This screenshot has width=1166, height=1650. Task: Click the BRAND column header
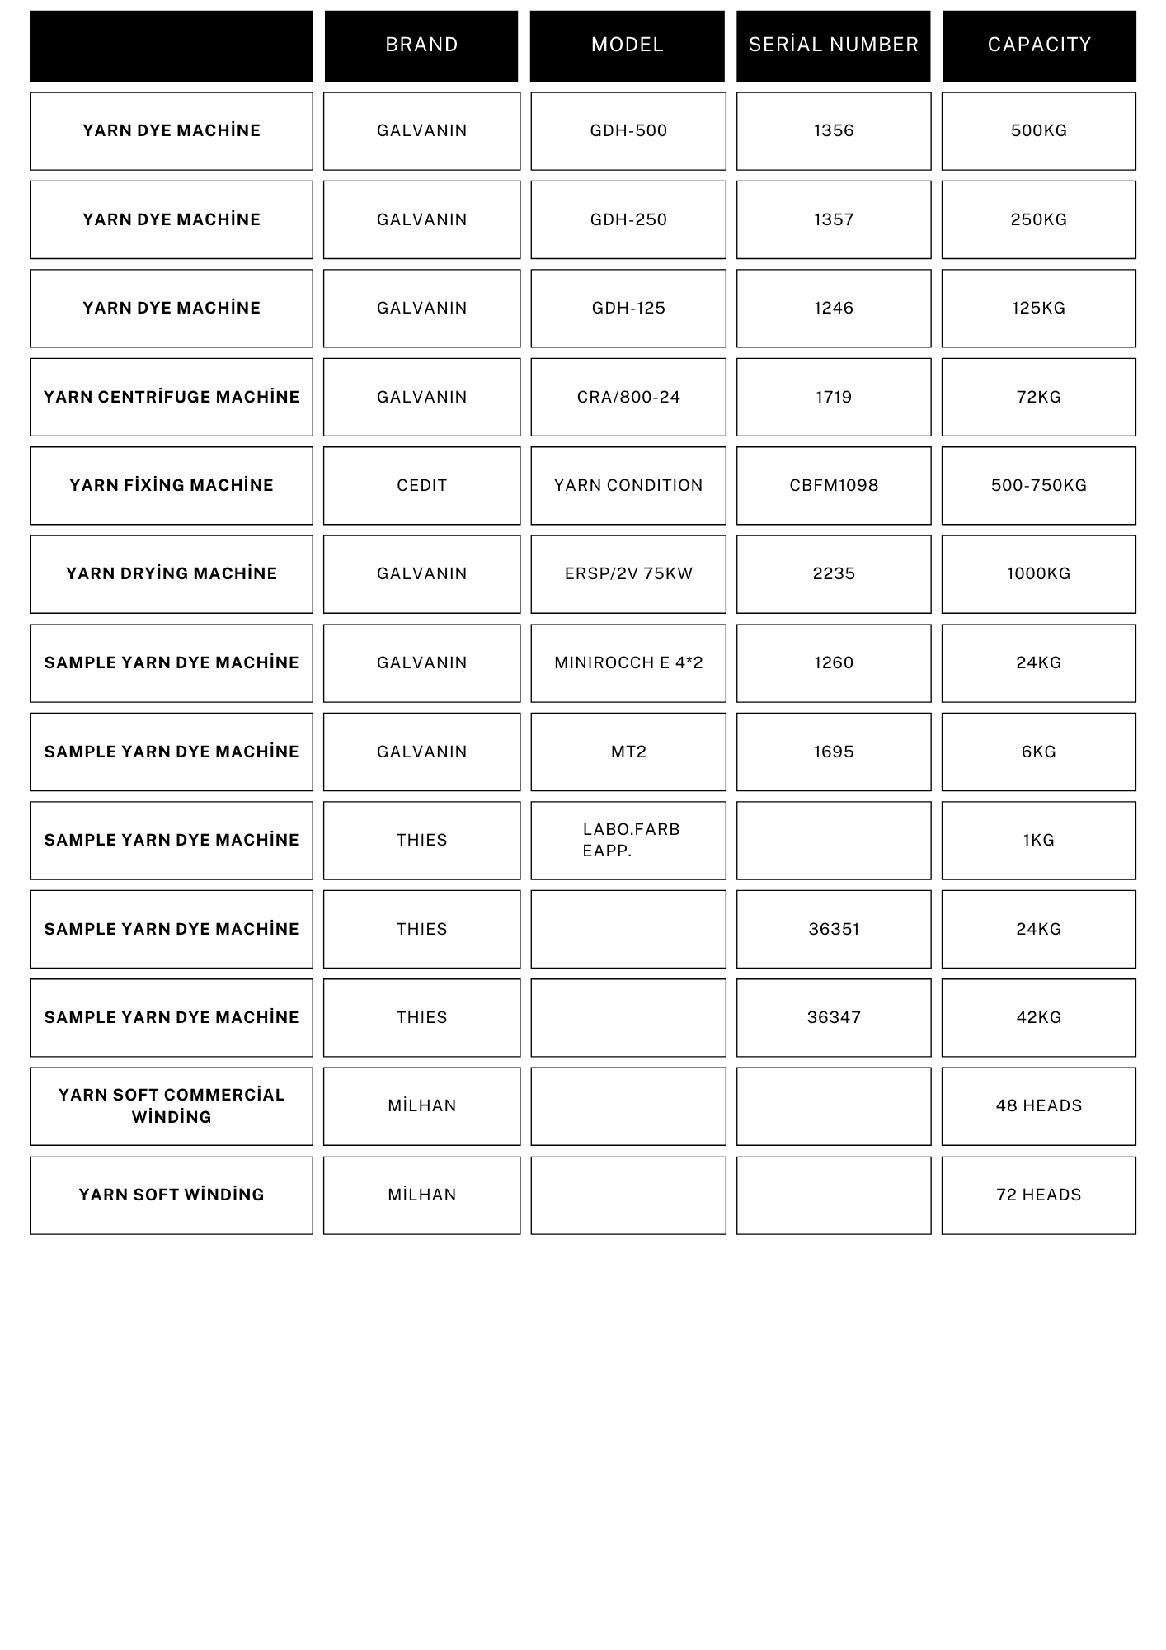click(421, 45)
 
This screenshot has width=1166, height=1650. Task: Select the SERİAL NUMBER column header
click(833, 45)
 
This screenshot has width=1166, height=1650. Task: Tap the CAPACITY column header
click(1039, 45)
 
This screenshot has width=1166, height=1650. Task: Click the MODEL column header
click(628, 45)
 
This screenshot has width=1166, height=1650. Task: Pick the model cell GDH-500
click(628, 130)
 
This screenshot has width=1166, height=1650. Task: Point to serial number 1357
click(834, 219)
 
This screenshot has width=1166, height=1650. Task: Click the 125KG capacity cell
click(1039, 308)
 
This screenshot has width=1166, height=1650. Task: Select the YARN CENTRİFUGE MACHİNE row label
click(172, 397)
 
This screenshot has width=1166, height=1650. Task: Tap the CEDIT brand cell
click(421, 485)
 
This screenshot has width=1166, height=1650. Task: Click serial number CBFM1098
click(834, 485)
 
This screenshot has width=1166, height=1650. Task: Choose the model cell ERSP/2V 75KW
click(628, 573)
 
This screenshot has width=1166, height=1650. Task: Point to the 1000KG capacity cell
click(1039, 573)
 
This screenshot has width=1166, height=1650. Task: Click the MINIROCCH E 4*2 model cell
click(628, 662)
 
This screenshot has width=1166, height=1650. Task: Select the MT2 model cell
click(628, 752)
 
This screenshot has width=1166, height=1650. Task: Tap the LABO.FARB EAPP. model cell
click(628, 840)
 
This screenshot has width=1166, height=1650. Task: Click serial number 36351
click(834, 929)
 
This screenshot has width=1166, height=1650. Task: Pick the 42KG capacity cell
click(1039, 1017)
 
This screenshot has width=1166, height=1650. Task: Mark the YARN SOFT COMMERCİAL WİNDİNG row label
click(172, 1105)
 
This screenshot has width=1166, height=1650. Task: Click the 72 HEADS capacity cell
click(1039, 1195)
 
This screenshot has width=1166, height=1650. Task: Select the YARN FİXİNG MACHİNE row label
click(172, 485)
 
